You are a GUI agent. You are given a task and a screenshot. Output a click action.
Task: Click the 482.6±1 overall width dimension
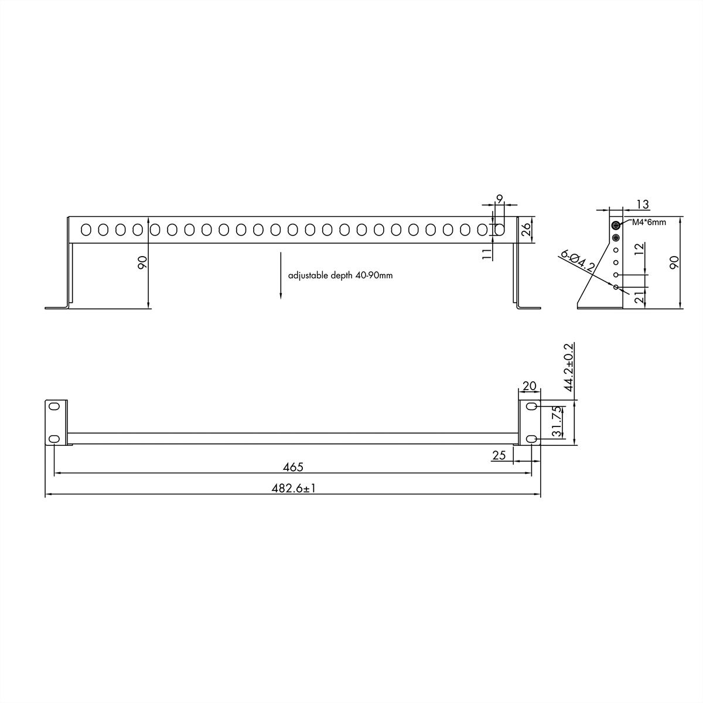coord(293,488)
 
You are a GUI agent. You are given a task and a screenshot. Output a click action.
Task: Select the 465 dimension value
coord(293,467)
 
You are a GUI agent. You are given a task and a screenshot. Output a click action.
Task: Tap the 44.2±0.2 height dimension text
coord(568,367)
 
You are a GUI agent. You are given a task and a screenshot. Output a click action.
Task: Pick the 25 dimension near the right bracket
coord(499,455)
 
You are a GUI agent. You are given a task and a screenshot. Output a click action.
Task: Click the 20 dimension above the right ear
coord(529,386)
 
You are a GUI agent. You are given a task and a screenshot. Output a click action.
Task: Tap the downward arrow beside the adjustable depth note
coord(281,275)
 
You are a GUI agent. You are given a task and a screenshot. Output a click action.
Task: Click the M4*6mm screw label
coord(649,223)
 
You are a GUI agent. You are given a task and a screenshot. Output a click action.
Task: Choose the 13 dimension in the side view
coord(642,204)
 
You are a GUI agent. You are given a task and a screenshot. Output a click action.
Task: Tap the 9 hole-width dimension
coord(499,199)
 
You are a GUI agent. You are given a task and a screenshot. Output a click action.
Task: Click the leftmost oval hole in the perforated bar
coord(86,230)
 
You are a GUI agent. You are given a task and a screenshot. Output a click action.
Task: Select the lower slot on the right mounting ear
coord(531,439)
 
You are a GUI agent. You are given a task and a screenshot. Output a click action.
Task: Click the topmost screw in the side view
coord(615,226)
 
